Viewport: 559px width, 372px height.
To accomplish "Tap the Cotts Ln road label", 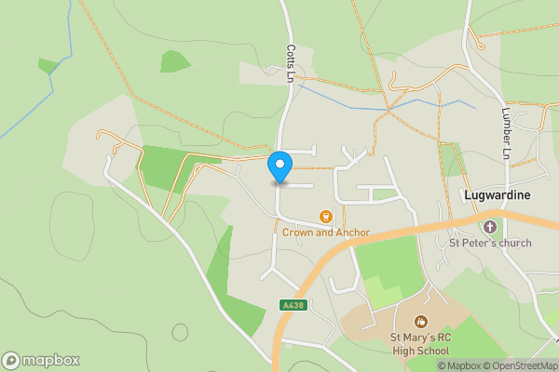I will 291,64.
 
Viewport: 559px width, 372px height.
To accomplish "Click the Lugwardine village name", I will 497,195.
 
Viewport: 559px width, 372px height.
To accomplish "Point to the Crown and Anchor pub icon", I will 326,217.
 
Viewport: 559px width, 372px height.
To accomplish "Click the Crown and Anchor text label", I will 327,232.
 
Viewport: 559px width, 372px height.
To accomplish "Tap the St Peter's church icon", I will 490,226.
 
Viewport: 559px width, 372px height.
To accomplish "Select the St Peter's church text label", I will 490,244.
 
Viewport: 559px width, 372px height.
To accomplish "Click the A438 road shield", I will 293,305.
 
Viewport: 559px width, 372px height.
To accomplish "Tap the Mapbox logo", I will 40,360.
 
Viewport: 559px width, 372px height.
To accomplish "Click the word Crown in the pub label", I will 300,232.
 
